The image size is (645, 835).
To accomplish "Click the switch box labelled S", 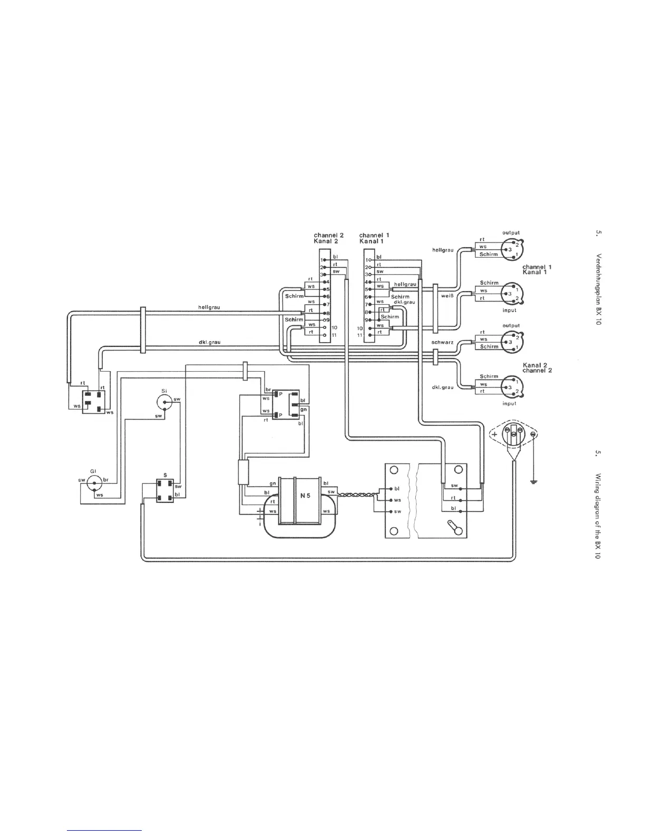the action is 165,490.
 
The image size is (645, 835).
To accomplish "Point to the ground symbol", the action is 533,481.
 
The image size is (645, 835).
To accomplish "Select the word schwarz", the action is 442,342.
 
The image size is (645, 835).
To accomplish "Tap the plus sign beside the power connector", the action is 494,434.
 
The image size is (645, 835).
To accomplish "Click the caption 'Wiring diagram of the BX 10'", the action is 598,516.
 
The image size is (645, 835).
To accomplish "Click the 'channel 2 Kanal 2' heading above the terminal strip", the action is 329,238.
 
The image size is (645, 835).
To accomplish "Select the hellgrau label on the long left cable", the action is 209,307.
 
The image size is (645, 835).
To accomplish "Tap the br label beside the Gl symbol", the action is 106,480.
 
